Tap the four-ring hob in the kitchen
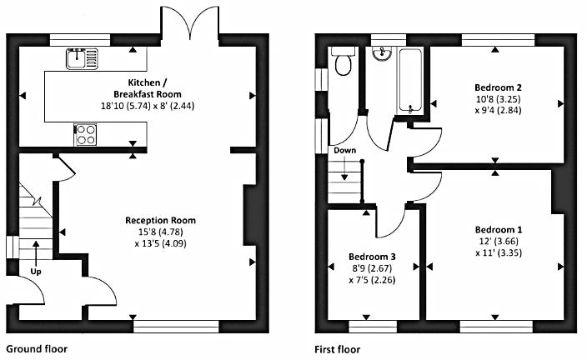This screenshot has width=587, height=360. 86,134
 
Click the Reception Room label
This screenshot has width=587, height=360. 161,221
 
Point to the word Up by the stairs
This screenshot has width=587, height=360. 37,272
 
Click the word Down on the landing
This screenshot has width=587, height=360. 344,151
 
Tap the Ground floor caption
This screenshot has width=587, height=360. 37,349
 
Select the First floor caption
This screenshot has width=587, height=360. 338,349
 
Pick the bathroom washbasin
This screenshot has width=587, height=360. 384,54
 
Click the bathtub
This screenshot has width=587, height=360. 410,78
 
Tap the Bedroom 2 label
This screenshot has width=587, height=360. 498,87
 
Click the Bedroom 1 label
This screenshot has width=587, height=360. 498,229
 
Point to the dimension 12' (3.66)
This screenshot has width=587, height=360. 499,241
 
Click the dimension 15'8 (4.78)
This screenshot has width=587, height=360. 160,232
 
